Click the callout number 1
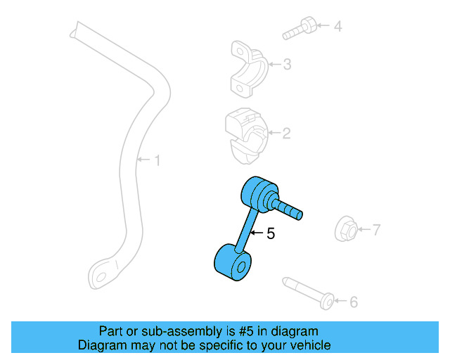coord(157,160)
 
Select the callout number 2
coord(286,134)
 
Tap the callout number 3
coord(287,64)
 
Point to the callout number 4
coord(337,26)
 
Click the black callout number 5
coord(271,233)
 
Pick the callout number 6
coord(354,302)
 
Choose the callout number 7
coord(376,230)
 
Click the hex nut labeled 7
coord(346,229)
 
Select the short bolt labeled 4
coord(300,28)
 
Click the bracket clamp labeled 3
coord(249,69)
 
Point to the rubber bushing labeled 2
coord(247,136)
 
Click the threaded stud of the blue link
coord(287,208)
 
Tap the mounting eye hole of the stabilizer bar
coord(101,277)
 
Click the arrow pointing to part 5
coord(257,233)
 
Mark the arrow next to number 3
coord(275,64)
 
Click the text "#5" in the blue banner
coord(246,331)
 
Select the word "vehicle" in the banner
coord(314,345)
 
